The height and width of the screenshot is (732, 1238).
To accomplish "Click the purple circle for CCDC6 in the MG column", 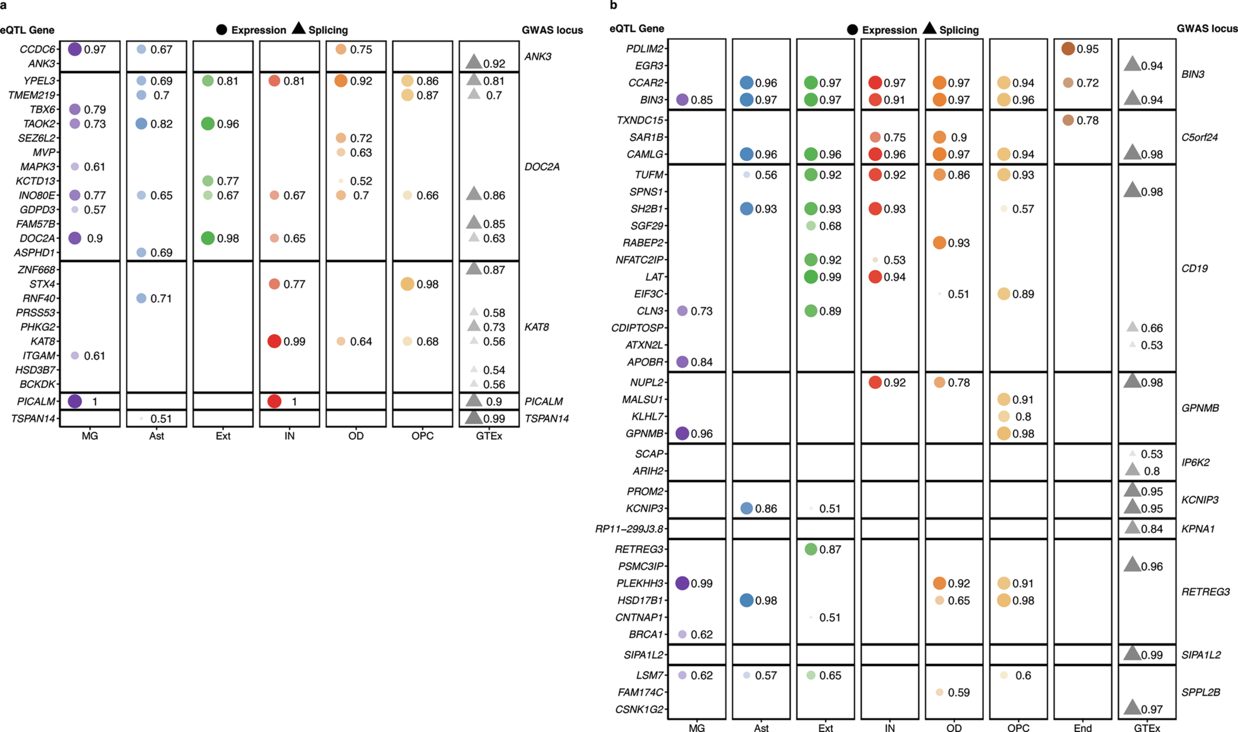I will click(74, 49).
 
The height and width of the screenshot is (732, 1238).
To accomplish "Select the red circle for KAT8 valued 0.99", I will click(274, 341).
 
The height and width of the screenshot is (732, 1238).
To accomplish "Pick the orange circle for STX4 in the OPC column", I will click(407, 284).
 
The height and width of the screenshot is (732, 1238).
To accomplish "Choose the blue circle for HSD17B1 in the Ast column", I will click(746, 600).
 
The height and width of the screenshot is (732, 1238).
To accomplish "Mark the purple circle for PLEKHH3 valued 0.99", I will click(682, 583).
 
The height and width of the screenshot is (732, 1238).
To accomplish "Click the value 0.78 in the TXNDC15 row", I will click(1087, 120).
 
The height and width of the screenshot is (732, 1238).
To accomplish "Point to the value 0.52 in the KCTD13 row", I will click(361, 181).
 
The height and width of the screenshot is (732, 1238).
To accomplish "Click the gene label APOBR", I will click(645, 362).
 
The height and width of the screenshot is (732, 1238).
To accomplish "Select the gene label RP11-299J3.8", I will click(629, 529).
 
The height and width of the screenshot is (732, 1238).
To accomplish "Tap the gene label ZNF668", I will click(37, 270).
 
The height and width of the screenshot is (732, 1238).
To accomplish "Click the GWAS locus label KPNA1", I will click(1198, 529).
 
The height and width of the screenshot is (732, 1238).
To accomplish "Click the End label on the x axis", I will click(1083, 727).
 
